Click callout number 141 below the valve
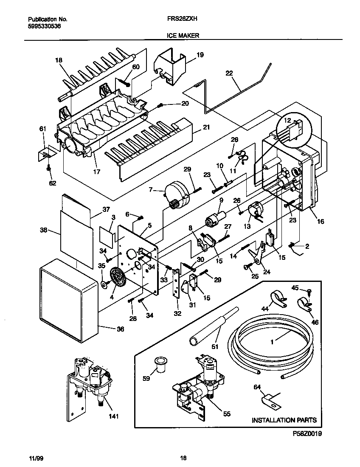pos(113,416)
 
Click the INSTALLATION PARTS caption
pos(284,420)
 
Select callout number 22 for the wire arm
pos(229,73)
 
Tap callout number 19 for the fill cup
pos(200,55)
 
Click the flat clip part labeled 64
pos(268,399)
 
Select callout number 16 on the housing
pos(320,222)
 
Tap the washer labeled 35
pos(104,283)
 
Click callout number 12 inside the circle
pos(287,121)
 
